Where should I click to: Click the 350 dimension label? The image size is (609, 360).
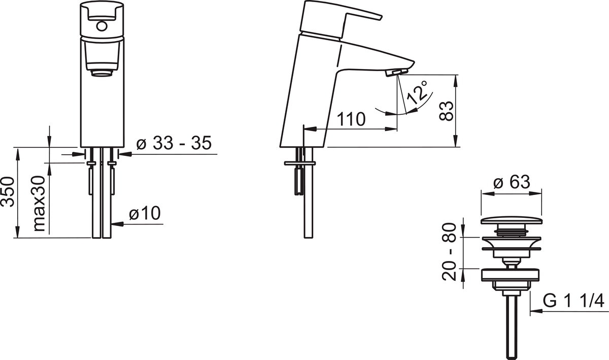point(8,191)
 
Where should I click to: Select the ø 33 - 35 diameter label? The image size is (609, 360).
point(174,143)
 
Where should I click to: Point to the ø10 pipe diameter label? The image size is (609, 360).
point(145,213)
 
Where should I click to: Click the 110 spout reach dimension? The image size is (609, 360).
point(351,119)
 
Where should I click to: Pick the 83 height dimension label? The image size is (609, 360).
point(447,111)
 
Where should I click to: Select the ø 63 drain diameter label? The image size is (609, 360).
point(512,182)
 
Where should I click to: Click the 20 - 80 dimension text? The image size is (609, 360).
point(449,252)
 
